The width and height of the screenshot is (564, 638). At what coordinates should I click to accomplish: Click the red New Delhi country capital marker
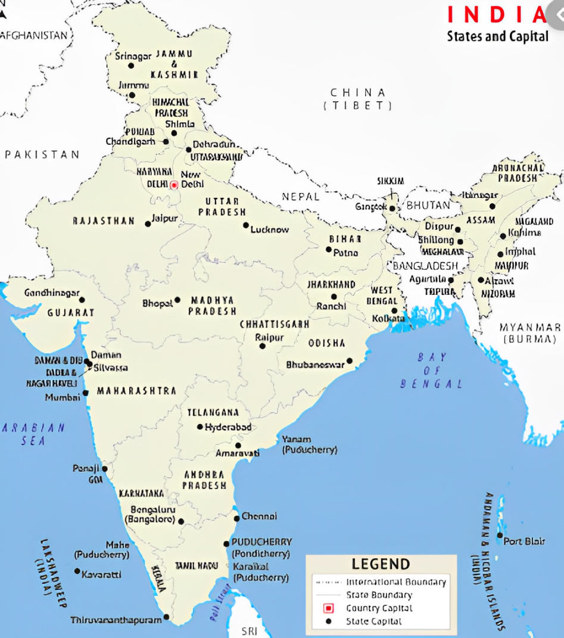tap(174, 185)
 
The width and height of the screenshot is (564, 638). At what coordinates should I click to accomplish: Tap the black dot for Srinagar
tap(131, 66)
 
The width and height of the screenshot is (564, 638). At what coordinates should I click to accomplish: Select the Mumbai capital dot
tap(85, 393)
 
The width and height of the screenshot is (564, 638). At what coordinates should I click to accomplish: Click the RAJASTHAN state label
tap(104, 221)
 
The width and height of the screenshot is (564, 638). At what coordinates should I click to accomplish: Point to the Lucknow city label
tap(270, 229)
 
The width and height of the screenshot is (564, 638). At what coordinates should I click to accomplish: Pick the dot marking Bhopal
tap(177, 300)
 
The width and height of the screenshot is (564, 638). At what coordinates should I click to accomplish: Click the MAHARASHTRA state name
tap(136, 391)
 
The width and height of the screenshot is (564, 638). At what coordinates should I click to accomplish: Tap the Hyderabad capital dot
tap(200, 427)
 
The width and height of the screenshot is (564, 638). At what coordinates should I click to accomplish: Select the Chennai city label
tap(259, 516)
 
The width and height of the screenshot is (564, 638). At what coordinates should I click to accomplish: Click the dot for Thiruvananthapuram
tap(166, 617)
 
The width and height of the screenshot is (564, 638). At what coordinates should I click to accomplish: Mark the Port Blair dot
tap(500, 535)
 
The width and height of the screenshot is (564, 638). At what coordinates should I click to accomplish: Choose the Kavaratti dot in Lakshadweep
tap(77, 571)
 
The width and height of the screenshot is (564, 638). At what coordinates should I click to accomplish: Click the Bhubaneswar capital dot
tap(350, 361)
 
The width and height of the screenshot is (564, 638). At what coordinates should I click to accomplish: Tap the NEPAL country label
tap(301, 196)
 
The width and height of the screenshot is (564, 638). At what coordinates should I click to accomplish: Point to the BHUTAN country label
tap(428, 205)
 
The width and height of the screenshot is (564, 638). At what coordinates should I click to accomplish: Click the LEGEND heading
tap(381, 564)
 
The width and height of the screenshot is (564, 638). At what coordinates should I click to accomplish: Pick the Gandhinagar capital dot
tap(82, 300)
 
